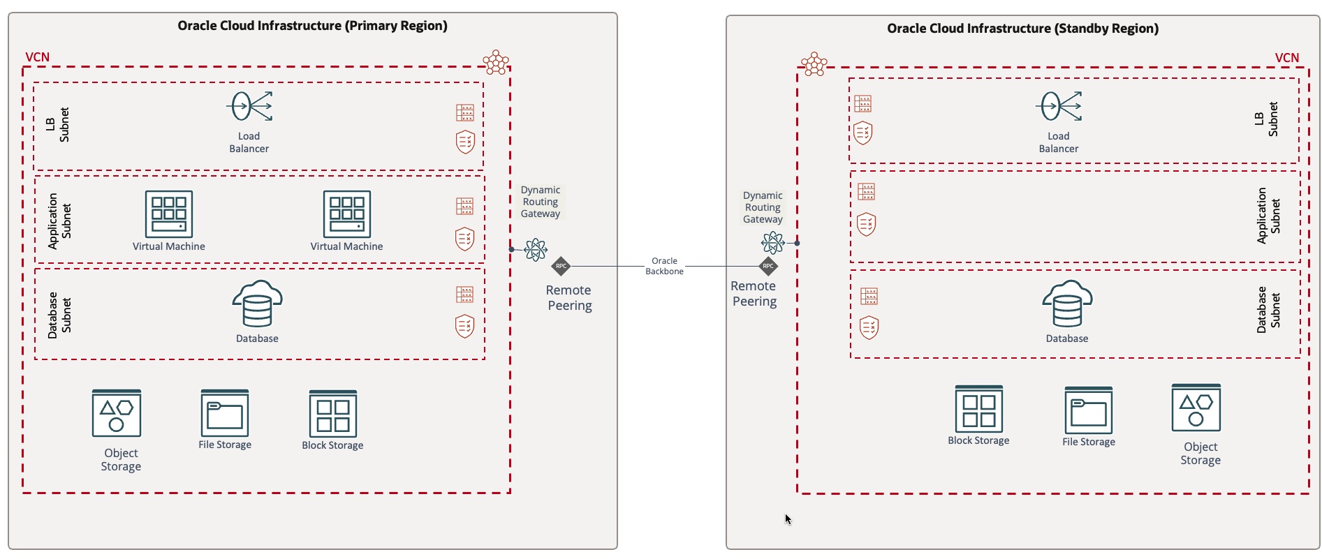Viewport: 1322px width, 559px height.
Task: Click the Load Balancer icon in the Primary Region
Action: pos(249,107)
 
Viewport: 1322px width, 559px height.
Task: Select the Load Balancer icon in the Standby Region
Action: pos(1059,107)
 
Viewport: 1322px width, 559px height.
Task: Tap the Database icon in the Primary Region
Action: pos(257,304)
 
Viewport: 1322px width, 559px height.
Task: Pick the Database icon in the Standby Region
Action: pos(1067,304)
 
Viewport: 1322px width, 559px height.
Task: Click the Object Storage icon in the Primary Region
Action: pos(117,413)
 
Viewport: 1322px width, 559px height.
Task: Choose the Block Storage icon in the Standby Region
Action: pos(978,409)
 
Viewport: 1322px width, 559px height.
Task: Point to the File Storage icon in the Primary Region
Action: pos(225,413)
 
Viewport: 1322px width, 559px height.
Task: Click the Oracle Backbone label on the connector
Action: pos(664,266)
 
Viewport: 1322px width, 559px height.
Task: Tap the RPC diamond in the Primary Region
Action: pos(561,266)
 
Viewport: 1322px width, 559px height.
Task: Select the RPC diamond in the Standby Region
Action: pos(768,266)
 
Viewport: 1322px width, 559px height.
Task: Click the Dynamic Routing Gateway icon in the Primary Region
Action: pos(536,249)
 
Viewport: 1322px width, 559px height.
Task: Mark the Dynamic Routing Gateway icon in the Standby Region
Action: pos(773,243)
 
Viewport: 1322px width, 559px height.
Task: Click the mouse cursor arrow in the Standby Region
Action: pos(788,519)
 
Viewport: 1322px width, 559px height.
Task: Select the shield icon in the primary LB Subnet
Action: pos(465,142)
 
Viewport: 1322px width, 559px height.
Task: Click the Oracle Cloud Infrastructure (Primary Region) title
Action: pos(312,26)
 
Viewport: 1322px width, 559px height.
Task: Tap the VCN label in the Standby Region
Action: pos(1286,58)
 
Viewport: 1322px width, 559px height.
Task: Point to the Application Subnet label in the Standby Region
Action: pos(1268,216)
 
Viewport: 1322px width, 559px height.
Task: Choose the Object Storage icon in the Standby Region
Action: pos(1196,408)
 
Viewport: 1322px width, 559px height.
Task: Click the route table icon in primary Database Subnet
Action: pos(464,295)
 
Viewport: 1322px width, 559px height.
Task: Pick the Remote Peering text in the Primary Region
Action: pos(569,298)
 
